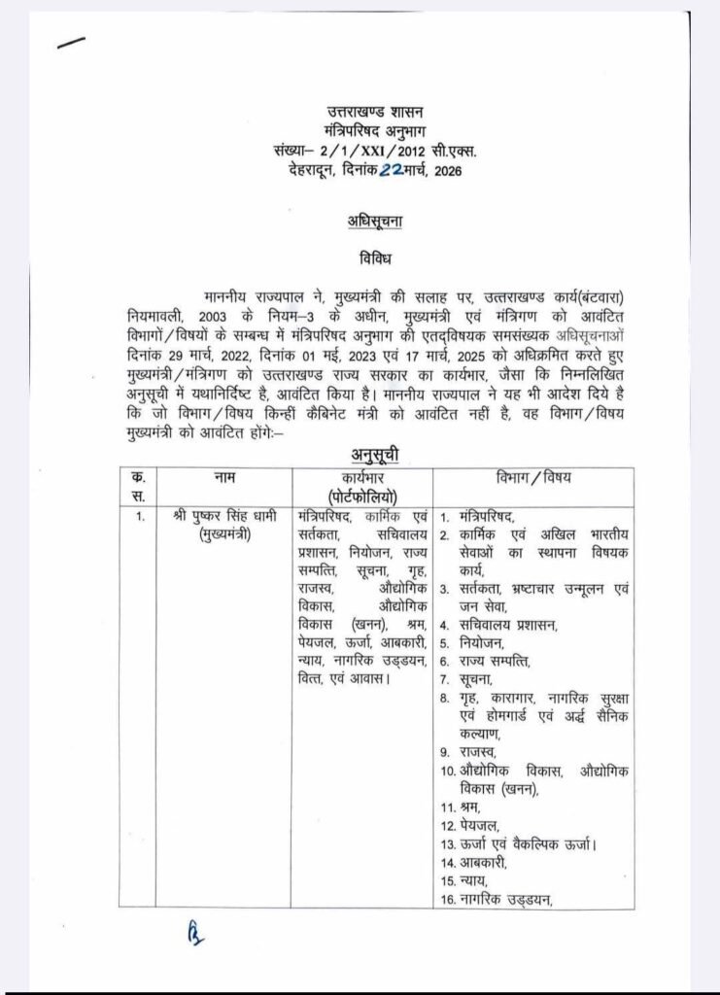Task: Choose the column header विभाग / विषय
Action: click(x=533, y=477)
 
